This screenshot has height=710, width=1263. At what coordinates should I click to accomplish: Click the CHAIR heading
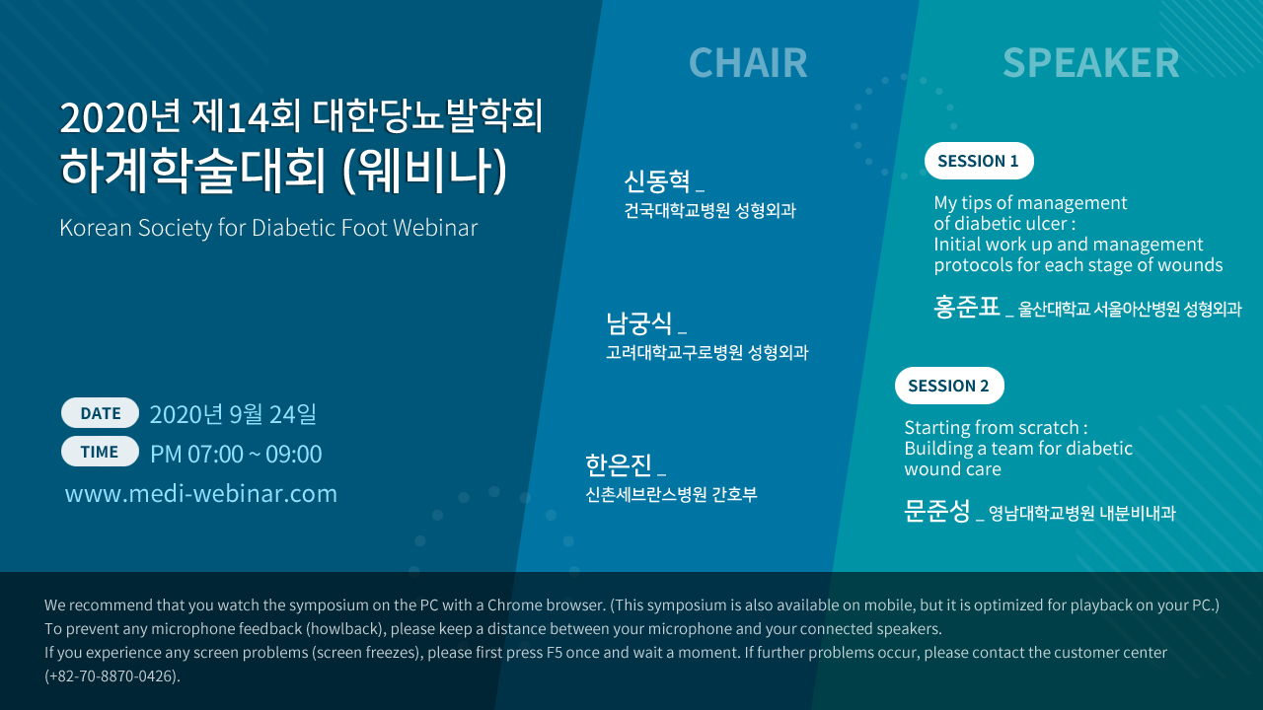(748, 62)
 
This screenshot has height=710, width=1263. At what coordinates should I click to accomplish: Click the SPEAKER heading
(1091, 62)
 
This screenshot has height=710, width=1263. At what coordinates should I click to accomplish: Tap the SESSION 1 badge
(979, 161)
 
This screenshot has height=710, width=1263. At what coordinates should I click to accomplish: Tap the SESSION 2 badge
(949, 386)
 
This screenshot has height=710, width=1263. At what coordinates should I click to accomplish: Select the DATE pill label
(100, 413)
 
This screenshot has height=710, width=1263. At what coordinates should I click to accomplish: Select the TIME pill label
(100, 452)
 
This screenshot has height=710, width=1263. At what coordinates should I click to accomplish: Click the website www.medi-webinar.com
(201, 494)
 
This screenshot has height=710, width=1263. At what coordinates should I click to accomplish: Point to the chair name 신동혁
(657, 181)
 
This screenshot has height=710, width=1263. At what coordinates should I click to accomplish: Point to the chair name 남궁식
(638, 323)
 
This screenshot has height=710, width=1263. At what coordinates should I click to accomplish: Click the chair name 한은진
(619, 464)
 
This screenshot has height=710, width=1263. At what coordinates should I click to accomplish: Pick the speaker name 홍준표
(966, 307)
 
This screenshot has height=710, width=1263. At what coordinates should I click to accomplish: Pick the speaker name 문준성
(937, 511)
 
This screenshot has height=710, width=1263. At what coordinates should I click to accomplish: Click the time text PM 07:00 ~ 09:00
(236, 454)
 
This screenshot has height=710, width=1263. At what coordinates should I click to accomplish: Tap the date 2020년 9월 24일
(233, 414)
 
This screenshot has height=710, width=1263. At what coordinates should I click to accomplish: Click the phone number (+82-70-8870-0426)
(112, 675)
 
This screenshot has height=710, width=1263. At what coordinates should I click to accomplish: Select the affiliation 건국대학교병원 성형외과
(709, 211)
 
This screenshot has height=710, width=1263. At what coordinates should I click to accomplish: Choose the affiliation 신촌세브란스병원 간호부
(671, 494)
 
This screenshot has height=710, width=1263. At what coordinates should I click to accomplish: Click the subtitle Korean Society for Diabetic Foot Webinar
(268, 228)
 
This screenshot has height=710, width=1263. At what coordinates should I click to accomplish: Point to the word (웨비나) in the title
(425, 171)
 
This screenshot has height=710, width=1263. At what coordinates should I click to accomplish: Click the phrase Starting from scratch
(992, 428)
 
